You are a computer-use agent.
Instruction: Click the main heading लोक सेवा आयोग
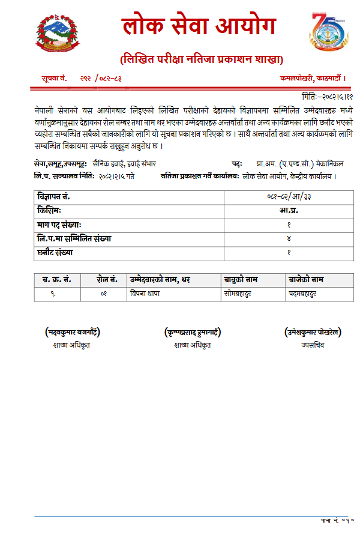tap(199, 27)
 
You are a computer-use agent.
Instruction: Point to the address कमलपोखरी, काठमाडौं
tap(313, 78)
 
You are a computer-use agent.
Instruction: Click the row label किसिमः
tap(49, 211)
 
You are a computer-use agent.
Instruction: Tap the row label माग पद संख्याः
tap(59, 225)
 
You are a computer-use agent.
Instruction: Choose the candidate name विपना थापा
tap(145, 294)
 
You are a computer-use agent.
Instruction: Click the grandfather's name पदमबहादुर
tap(302, 294)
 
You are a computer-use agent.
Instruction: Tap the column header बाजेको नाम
tap(306, 280)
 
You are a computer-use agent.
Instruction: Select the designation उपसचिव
tap(313, 345)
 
